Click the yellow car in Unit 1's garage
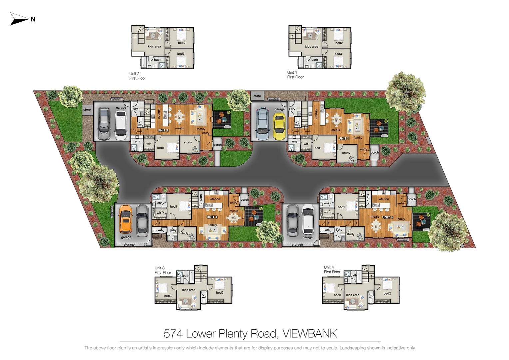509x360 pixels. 279,126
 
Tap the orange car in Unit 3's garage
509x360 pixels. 125,219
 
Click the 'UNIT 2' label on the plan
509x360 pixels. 163,130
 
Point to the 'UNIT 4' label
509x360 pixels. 387,217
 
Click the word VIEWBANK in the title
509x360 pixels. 310,334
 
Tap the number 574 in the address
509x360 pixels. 173,334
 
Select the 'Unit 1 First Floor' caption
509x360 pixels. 295,75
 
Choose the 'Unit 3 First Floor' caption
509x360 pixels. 163,270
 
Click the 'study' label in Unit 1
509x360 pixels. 346,153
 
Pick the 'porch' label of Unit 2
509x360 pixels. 217,145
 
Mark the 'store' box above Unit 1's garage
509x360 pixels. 257,96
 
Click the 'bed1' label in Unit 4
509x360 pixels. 341,207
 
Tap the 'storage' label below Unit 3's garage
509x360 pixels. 129,245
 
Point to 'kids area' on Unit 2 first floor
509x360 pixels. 154,46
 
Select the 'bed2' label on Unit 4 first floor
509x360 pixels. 387,293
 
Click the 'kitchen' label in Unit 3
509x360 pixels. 215,199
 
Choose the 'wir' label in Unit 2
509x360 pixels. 149,144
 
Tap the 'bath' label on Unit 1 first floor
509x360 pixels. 314,60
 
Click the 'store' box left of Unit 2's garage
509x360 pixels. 87,110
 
